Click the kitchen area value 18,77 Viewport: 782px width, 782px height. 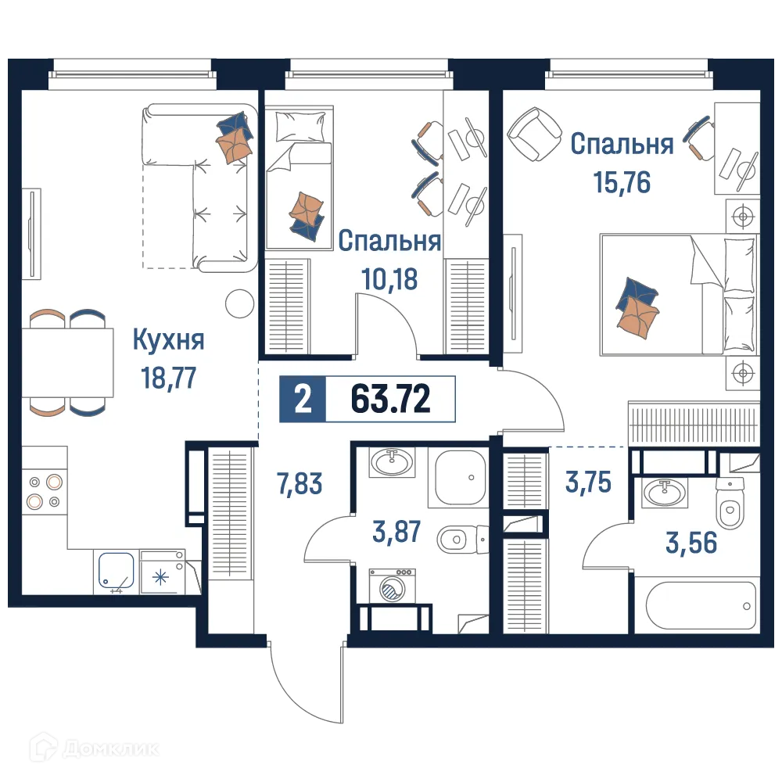167,378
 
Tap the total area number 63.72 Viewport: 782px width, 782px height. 390,400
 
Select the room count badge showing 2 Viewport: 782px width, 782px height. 301,400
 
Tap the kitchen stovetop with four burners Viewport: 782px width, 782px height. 44,490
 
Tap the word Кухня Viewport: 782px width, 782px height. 168,341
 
